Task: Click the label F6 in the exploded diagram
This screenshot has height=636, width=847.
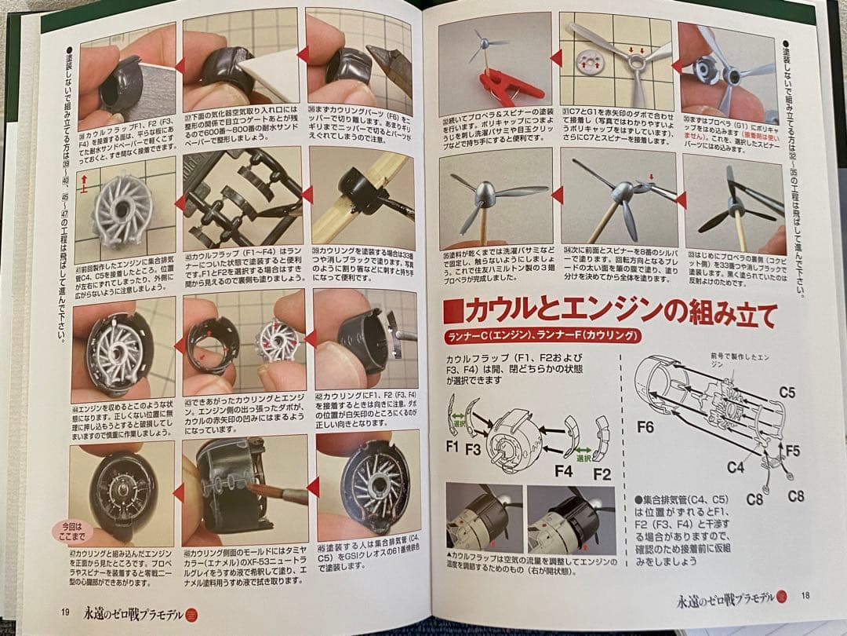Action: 645,427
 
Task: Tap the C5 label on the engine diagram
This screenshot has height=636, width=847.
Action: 787,391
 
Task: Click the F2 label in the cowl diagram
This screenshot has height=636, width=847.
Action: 601,473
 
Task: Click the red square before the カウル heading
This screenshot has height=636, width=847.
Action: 453,312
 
